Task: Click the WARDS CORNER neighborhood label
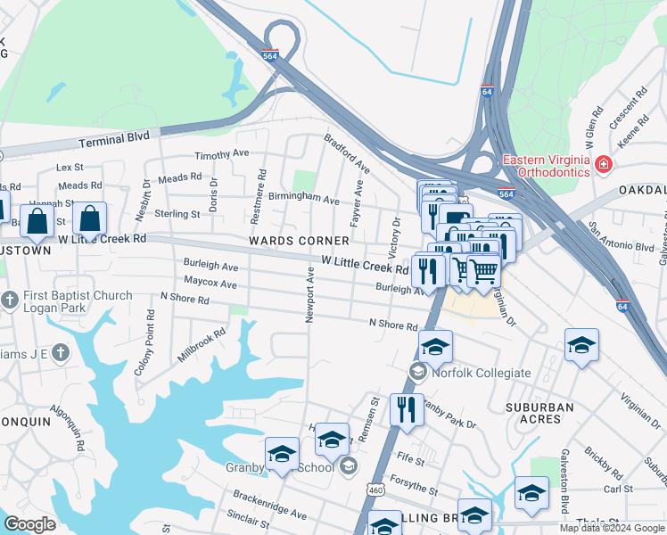click(x=299, y=241)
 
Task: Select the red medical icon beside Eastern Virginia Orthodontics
click(x=605, y=165)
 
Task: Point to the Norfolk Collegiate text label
click(x=482, y=373)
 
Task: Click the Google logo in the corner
click(x=30, y=524)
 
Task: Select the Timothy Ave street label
click(x=222, y=153)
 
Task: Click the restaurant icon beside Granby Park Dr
click(x=407, y=409)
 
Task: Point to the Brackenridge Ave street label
click(x=269, y=504)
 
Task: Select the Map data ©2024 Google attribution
click(x=611, y=527)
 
